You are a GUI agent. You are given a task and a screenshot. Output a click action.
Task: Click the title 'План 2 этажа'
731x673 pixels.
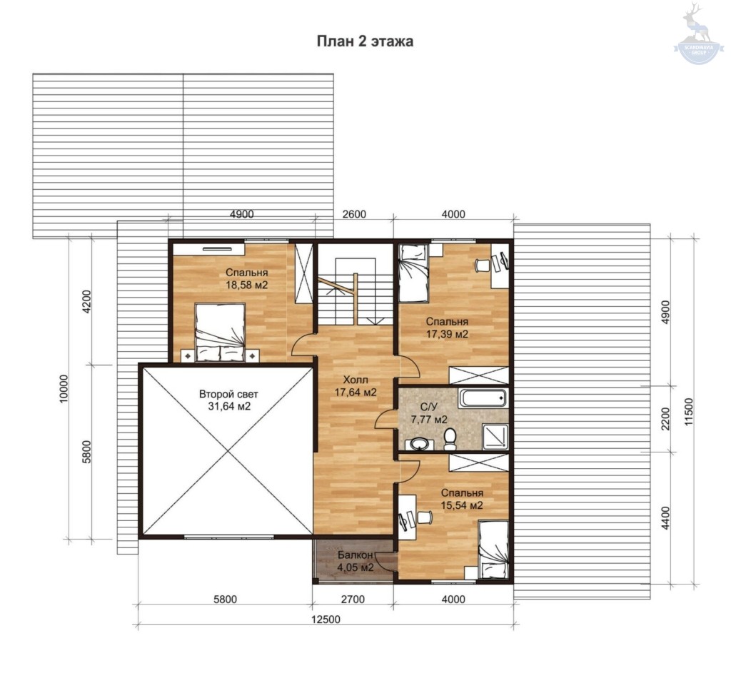pyautogui.click(x=365, y=41)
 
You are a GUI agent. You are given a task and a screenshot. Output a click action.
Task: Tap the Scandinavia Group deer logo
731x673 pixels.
pyautogui.click(x=698, y=33)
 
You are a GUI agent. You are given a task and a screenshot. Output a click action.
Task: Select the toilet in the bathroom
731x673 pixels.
pyautogui.click(x=450, y=440)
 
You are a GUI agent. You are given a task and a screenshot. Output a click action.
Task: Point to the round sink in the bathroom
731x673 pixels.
pyautogui.click(x=421, y=443)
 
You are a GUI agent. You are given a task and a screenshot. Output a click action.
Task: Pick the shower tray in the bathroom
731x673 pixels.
pyautogui.click(x=495, y=437)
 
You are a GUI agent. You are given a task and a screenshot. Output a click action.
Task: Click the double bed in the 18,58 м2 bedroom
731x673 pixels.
pyautogui.click(x=220, y=333)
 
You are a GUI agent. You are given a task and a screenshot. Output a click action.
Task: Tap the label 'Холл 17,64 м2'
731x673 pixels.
pyautogui.click(x=356, y=386)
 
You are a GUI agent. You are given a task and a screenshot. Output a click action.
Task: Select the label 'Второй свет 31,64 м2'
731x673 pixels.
pyautogui.click(x=228, y=400)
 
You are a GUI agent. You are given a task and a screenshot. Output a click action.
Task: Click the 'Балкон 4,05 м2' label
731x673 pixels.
pyautogui.click(x=356, y=561)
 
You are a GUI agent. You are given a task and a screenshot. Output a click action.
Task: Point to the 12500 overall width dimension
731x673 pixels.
pyautogui.click(x=326, y=619)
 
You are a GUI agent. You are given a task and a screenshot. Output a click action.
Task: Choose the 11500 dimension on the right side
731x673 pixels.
pyautogui.click(x=690, y=411)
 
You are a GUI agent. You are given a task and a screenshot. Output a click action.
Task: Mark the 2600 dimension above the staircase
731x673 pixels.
pyautogui.click(x=354, y=214)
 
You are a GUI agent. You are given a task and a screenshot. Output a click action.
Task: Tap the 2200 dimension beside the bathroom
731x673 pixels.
pyautogui.click(x=665, y=418)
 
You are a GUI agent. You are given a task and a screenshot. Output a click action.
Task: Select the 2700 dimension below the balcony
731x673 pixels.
pyautogui.click(x=353, y=599)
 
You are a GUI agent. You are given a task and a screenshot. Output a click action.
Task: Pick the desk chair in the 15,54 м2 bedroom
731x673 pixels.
pyautogui.click(x=424, y=517)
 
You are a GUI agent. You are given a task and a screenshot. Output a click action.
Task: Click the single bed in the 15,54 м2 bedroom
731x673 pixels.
pyautogui.click(x=493, y=550)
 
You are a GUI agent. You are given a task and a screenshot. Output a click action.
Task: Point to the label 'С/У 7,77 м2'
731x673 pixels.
pyautogui.click(x=429, y=413)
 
